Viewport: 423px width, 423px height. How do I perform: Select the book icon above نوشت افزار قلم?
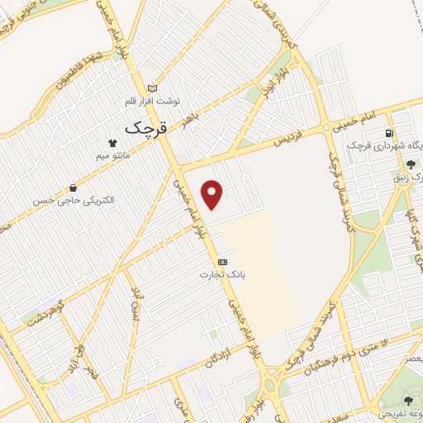[152, 88]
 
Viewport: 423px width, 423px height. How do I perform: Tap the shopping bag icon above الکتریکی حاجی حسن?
[75, 188]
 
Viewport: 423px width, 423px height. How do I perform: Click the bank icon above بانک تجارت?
[223, 261]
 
